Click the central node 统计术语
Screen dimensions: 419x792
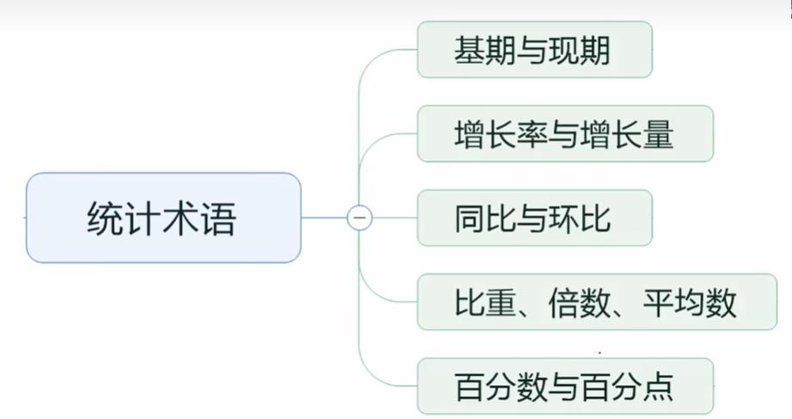[163, 218]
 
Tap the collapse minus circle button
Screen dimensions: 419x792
[359, 218]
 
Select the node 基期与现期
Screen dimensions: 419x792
[534, 50]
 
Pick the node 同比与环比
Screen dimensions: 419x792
[534, 218]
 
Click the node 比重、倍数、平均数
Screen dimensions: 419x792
[596, 302]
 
